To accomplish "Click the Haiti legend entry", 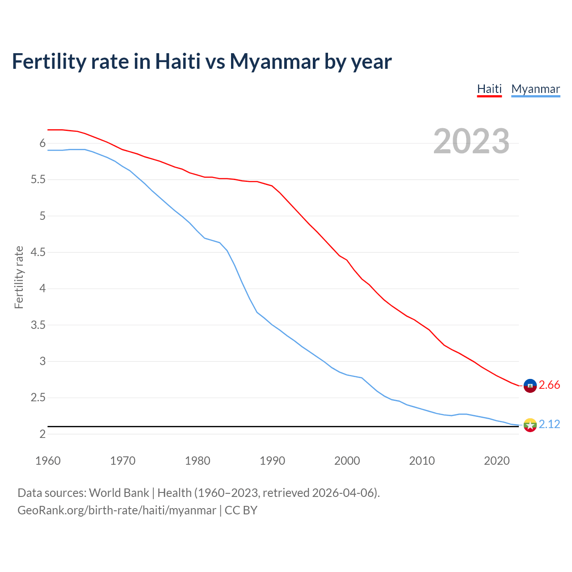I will tap(489, 89).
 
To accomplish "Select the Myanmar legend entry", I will tap(535, 89).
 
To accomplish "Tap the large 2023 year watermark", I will tap(471, 141).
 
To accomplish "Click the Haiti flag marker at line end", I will tap(530, 385).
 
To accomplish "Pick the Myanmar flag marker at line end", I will tap(530, 425).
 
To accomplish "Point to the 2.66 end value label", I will tap(549, 385).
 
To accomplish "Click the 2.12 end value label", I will tap(549, 425).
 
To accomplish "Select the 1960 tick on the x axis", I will tap(48, 461).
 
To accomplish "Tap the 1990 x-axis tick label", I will tap(272, 461).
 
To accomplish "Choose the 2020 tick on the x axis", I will tap(496, 461).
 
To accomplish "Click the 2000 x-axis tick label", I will tap(347, 461).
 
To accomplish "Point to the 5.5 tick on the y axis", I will tap(38, 180).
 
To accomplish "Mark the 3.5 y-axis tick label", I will tap(38, 325).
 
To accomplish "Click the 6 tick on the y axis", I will tap(42, 143).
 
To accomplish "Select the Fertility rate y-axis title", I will tap(19, 277).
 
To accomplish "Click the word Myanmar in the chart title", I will tap(274, 62).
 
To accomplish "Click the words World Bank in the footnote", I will tap(119, 493).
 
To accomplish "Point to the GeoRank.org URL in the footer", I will tap(117, 510).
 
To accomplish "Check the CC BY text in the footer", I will tap(241, 510).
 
